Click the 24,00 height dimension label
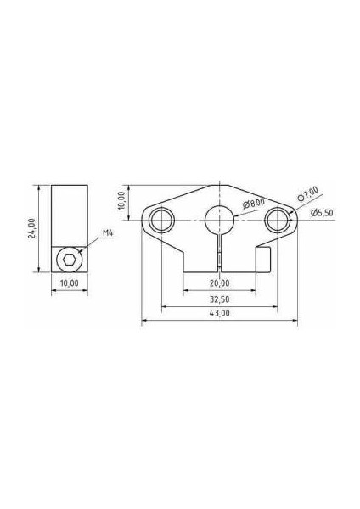point(31,228)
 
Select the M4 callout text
point(108,232)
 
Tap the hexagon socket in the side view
point(69,260)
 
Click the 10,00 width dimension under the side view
point(70,283)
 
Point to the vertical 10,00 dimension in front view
point(122,200)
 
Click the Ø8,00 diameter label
point(254,204)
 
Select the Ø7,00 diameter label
point(307,194)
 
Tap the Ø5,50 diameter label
point(322,213)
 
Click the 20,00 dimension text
point(219,283)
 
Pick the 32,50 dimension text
point(219,299)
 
